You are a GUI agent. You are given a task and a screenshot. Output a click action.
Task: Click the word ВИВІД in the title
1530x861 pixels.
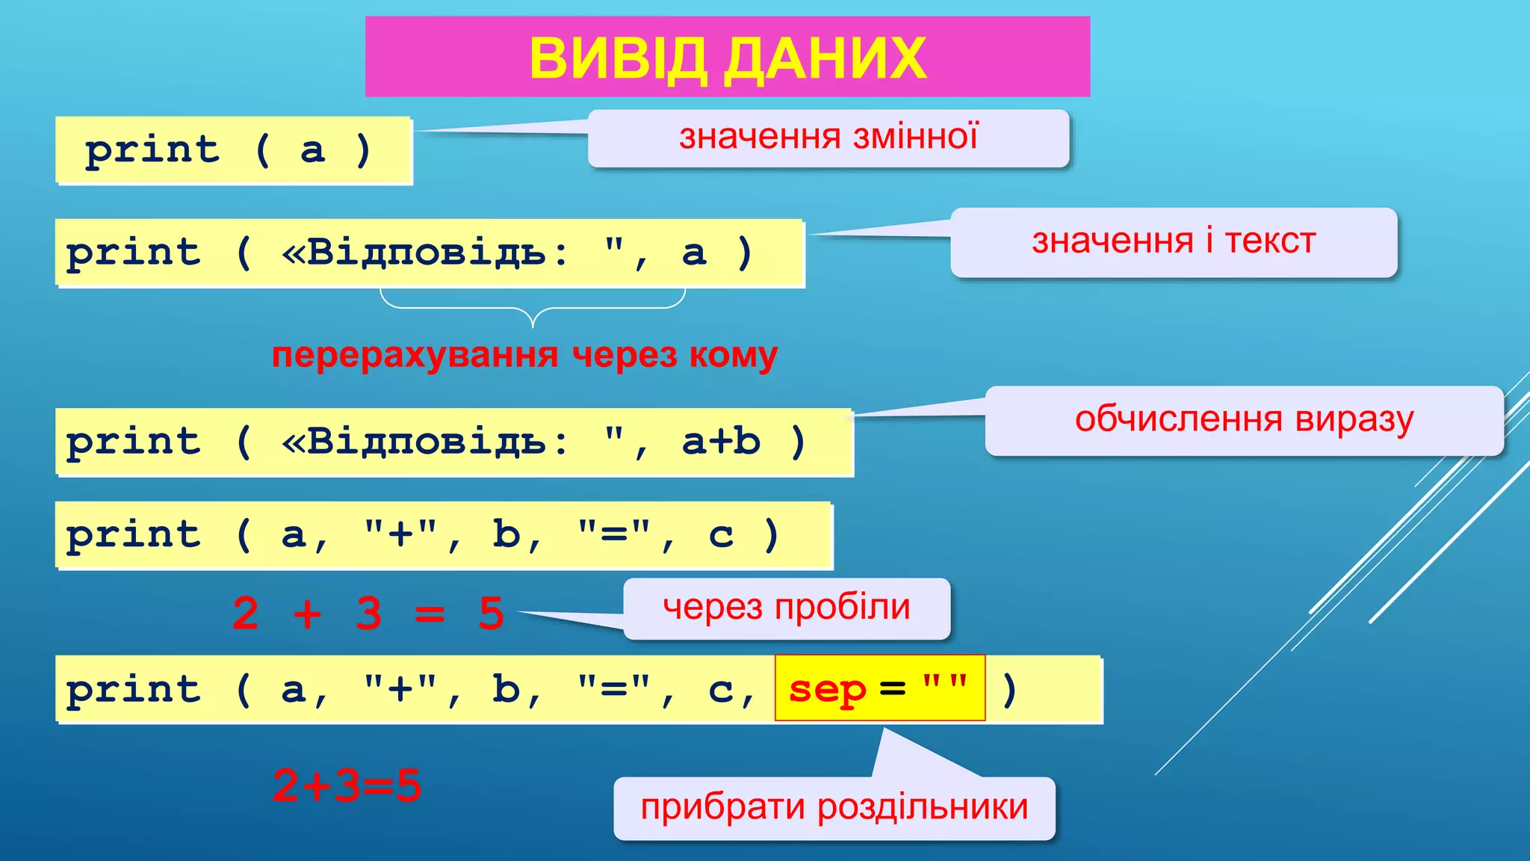pos(618,58)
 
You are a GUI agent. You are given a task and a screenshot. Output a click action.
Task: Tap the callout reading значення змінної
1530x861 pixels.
pos(828,138)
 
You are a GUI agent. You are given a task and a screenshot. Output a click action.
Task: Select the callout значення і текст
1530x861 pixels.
pos(1173,242)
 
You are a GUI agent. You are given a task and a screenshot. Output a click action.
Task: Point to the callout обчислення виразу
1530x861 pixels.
pos(1244,420)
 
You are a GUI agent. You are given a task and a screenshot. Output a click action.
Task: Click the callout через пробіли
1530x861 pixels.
pos(787,608)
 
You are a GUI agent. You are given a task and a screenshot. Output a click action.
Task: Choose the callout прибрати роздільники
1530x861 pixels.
pos(834,808)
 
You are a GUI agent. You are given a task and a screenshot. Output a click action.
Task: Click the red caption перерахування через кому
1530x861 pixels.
pos(524,355)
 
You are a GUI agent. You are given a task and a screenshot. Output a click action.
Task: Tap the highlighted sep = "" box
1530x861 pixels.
pos(880,688)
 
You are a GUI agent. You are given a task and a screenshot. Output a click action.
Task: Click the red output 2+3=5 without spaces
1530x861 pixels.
pos(347,786)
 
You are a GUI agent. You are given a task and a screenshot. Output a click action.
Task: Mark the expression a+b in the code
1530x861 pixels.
pos(721,441)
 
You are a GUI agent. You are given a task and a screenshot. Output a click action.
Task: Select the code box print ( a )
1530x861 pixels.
pos(234,150)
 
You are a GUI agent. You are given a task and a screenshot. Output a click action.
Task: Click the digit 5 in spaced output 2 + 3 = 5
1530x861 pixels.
pos(491,614)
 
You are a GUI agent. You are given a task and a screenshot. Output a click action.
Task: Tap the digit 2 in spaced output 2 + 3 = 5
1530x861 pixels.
pos(246,614)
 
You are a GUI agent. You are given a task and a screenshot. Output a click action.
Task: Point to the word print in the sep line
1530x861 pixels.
pos(134,688)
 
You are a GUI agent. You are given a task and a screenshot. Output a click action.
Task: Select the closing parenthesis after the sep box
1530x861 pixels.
pos(1009,688)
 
